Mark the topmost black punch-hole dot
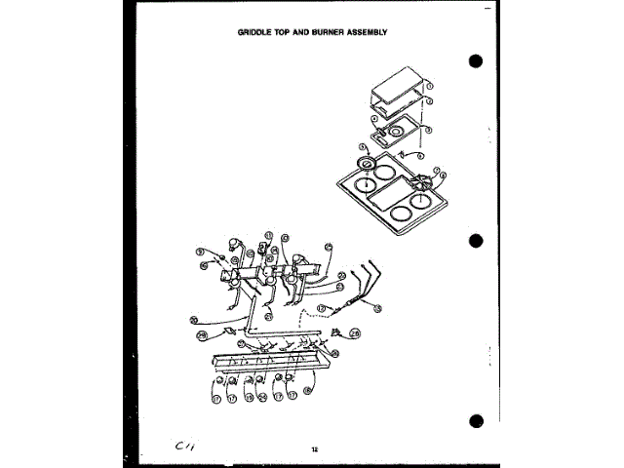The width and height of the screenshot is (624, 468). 476,61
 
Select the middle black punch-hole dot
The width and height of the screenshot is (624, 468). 476,241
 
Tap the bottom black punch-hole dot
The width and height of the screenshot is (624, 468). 476,422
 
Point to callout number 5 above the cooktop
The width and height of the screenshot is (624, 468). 364,147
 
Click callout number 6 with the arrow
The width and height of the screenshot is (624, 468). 420,155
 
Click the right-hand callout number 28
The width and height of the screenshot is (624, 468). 356,333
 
